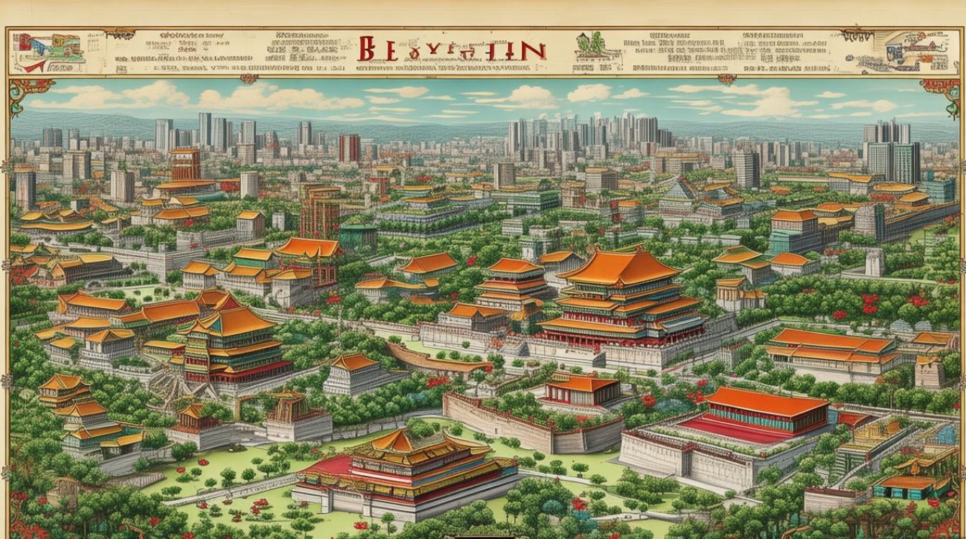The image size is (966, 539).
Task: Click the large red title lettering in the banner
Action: pyautogui.click(x=451, y=50)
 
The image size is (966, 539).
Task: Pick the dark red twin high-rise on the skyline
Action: pyautogui.click(x=349, y=148)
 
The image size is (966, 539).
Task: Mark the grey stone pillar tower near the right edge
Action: pyautogui.click(x=875, y=263)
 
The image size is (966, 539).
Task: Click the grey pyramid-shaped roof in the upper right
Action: pyautogui.click(x=680, y=190)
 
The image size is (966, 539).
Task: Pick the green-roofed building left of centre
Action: pyautogui.click(x=359, y=234)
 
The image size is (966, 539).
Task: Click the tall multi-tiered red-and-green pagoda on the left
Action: pyautogui.click(x=229, y=345)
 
